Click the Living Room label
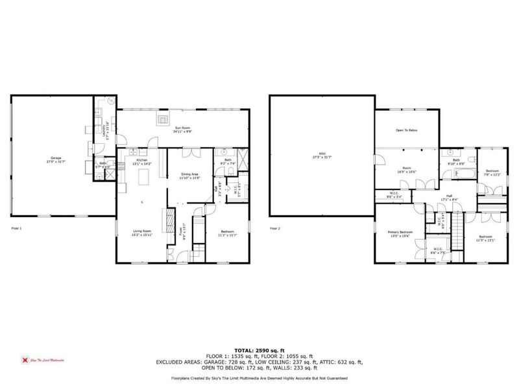pyautogui.click(x=141, y=233)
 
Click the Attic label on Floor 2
pyautogui.click(x=322, y=156)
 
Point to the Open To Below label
pyautogui.click(x=407, y=130)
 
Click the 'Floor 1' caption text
pyautogui.click(x=16, y=229)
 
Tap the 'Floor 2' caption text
pyautogui.click(x=275, y=229)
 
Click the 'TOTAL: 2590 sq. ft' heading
pyautogui.click(x=259, y=351)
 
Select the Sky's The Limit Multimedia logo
pyautogui.click(x=38, y=360)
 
